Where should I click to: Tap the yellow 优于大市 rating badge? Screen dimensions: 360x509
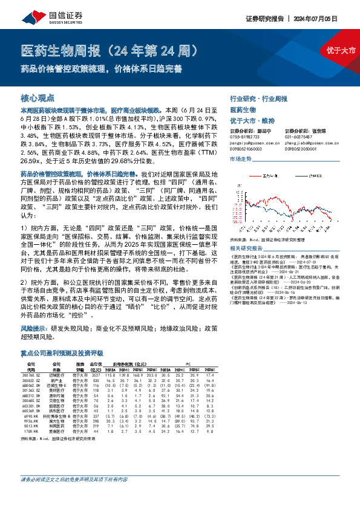pyautogui.click(x=339, y=50)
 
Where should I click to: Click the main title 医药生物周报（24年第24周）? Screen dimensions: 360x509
pyautogui.click(x=117, y=50)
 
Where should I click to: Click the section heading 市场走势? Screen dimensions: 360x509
pyautogui.click(x=241, y=158)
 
